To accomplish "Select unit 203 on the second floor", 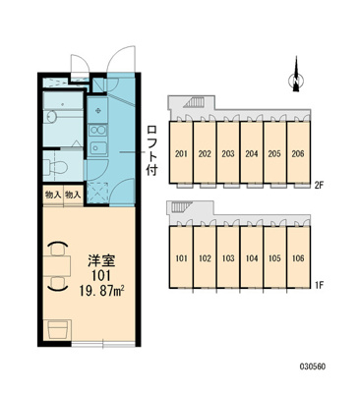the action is point(228,152).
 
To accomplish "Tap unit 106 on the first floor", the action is point(298,257).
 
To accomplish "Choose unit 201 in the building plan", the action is point(181,152).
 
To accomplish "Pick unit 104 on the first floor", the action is point(252,257).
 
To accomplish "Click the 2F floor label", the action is point(319,186).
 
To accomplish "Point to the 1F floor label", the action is point(319,285).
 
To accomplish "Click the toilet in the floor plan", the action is point(56,166).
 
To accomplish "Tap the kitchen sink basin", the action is point(97,148).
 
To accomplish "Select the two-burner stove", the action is point(97,131).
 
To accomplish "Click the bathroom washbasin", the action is point(51,117).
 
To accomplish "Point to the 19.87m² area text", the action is point(103,290).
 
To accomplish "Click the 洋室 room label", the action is point(101,260).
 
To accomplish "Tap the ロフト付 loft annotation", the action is point(152,150).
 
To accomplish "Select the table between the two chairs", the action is point(58,265).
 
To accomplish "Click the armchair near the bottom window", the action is point(58,330).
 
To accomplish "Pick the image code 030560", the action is point(312,366).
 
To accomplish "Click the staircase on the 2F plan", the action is point(196,102).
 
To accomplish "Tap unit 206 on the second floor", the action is point(298,152).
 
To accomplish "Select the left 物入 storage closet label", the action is point(53,196).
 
